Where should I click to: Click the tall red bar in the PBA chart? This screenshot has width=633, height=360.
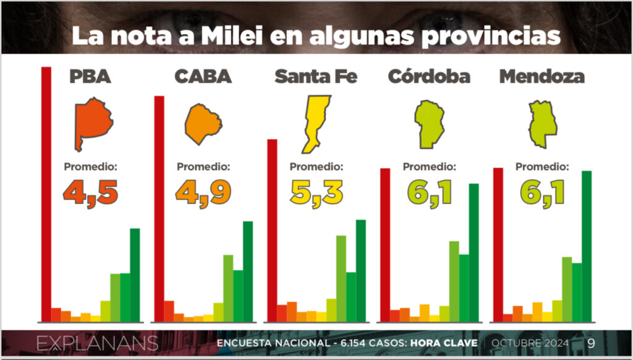[46, 194]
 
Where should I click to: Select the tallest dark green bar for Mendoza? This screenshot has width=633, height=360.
[587, 246]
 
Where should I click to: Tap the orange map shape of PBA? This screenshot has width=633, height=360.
[92, 123]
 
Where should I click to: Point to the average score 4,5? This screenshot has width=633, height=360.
[90, 192]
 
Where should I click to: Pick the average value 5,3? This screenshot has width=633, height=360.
[316, 192]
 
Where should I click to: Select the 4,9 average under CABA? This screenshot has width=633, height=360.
[203, 192]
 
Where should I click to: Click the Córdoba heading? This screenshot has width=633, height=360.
[429, 77]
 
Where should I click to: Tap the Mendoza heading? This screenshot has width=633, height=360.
[542, 77]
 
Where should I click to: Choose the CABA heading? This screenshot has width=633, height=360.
[203, 77]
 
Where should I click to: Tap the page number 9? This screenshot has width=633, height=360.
[591, 343]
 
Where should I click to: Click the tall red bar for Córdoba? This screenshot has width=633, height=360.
[385, 245]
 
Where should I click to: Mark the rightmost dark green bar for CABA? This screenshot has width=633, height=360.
[248, 272]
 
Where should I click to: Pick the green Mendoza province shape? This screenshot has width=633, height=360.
[542, 124]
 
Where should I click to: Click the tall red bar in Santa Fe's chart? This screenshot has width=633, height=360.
[272, 230]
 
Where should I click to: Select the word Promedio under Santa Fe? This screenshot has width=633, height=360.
[316, 166]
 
